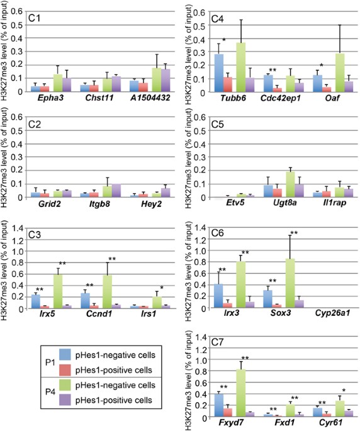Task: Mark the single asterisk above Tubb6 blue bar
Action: (x=223, y=40)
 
